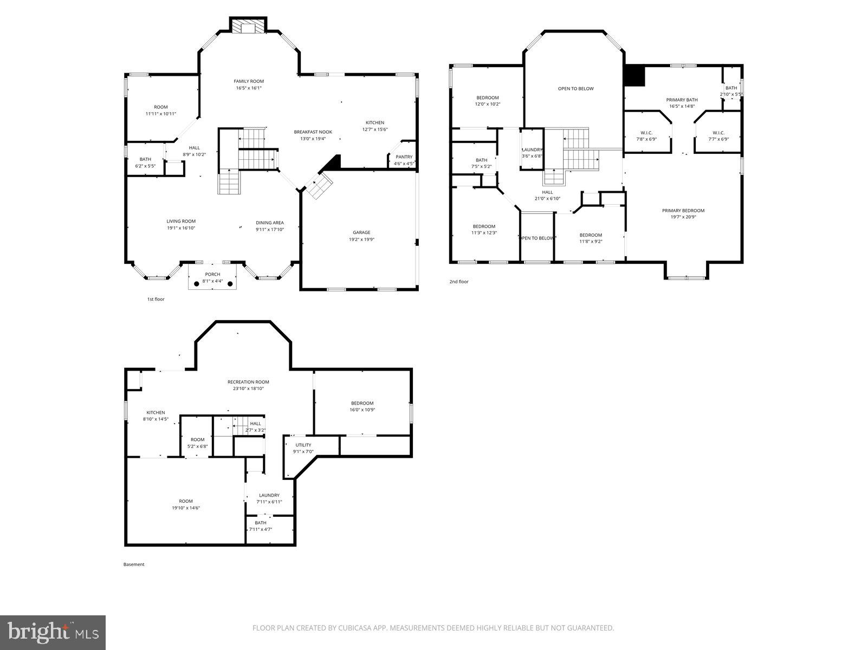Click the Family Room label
pos(249,81)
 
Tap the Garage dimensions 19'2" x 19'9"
pos(361,239)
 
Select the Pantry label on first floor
pos(404,157)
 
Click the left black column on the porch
pos(197,283)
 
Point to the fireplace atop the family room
pos(249,27)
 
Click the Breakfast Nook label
pos(313,132)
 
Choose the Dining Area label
pos(270,223)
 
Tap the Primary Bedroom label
pos(683,211)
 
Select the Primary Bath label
pos(682,100)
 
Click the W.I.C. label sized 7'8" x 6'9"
pos(646,133)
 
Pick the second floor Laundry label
pos(532,149)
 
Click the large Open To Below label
pos(575,88)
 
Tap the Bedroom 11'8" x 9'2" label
pos(591,235)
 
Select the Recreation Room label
pos(248,382)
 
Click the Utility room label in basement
pos(303,445)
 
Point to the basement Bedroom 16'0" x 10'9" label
pos(362,403)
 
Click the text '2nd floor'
pos(458,282)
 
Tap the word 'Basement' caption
pos(134,564)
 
